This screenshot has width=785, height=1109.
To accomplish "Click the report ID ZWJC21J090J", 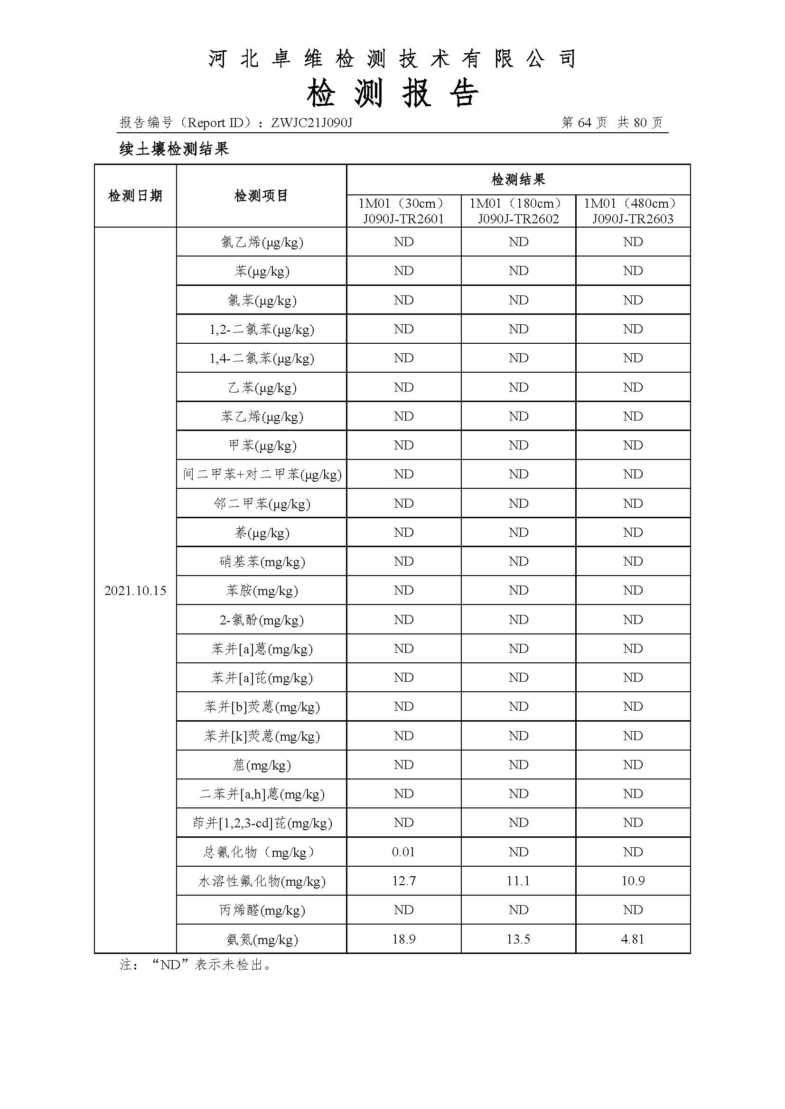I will tap(311, 123).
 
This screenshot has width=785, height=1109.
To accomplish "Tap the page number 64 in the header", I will tap(584, 123).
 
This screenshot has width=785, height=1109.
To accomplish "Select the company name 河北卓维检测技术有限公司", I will tap(392, 59).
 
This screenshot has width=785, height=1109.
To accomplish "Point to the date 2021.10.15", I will tap(135, 590).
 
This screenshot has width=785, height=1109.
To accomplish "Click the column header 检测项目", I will tap(261, 196).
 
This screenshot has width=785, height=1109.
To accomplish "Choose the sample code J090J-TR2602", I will tap(518, 219).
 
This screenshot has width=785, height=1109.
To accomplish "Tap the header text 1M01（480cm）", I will tap(633, 203).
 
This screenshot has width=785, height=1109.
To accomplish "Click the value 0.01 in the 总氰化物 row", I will tap(403, 852).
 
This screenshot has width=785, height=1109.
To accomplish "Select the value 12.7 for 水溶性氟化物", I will tap(403, 881).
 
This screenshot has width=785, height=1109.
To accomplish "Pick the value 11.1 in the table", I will tap(518, 881).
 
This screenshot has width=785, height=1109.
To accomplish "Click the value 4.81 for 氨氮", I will tap(633, 939).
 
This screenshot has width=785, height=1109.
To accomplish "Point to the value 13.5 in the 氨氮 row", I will tap(518, 939).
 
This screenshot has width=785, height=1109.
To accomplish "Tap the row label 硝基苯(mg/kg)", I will tap(262, 561).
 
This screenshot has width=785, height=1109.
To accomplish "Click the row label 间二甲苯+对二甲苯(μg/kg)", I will tap(262, 474).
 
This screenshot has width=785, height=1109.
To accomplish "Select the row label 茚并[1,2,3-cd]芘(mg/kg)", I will tap(262, 823).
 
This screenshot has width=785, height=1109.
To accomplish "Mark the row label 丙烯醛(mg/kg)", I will tap(262, 910).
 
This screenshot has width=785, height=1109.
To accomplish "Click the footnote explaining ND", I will tap(196, 964).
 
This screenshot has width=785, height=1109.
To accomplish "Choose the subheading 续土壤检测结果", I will tap(174, 149).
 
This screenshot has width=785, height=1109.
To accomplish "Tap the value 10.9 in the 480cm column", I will tap(633, 881).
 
